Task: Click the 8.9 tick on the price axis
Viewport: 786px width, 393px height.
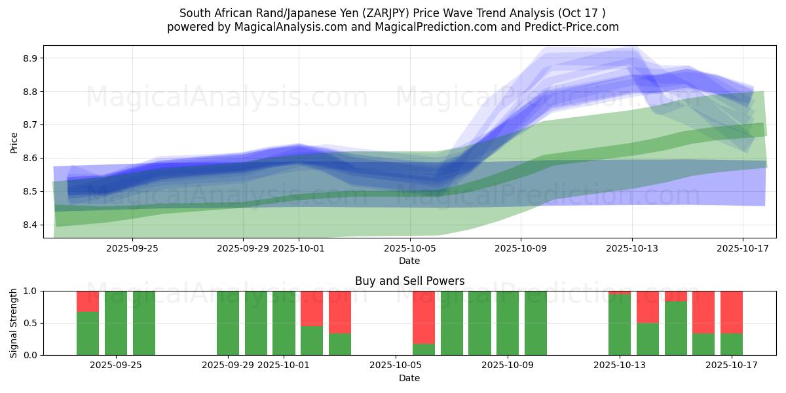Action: (x=30, y=58)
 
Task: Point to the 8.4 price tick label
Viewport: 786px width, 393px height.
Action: (x=30, y=225)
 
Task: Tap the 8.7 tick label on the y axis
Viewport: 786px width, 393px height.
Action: (x=30, y=125)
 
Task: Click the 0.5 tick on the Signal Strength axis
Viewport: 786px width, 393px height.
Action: (x=30, y=323)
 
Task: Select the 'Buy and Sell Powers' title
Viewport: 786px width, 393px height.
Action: (x=409, y=281)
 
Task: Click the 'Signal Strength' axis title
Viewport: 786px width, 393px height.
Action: (x=14, y=323)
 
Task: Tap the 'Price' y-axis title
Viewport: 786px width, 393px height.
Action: (x=14, y=142)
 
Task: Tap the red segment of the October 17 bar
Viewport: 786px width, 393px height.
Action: (x=732, y=312)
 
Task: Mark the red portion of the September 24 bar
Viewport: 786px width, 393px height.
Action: (x=88, y=301)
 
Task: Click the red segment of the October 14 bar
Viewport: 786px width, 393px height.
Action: (x=648, y=307)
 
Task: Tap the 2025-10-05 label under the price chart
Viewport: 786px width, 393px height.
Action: (x=409, y=248)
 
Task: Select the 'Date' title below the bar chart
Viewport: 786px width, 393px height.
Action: (x=409, y=378)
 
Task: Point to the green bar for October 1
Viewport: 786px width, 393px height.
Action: (x=284, y=323)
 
